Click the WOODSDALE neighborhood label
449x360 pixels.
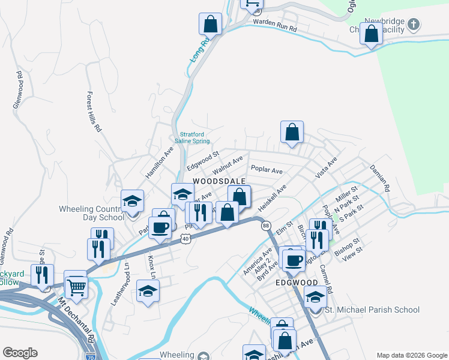219,181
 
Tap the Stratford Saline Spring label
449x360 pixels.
192,137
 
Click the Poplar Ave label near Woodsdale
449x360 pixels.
267,170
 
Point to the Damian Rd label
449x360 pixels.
379,178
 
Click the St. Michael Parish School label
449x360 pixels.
372,310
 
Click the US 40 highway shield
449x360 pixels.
185,239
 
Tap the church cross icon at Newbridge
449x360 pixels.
413,25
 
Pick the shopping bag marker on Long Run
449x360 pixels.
210,24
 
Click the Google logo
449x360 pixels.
20,353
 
